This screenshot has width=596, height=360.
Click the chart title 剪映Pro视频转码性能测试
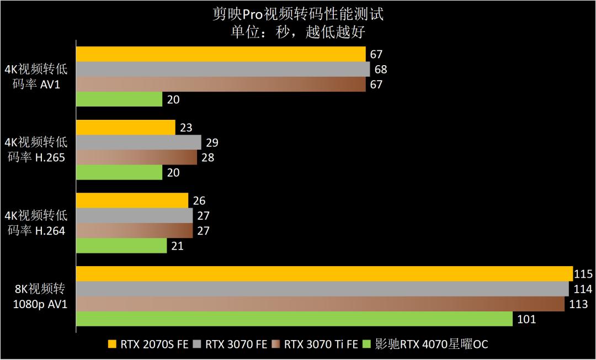click(x=298, y=13)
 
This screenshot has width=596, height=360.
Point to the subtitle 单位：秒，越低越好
click(x=298, y=31)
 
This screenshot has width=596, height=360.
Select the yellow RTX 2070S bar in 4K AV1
click(x=221, y=54)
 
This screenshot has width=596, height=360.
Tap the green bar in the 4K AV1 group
click(x=119, y=99)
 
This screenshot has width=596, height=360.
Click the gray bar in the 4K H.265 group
click(x=139, y=142)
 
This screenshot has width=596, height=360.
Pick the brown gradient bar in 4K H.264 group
click(x=134, y=231)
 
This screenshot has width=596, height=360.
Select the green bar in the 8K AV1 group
click(x=294, y=319)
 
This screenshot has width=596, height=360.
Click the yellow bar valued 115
click(x=324, y=274)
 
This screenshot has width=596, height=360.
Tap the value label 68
click(x=381, y=70)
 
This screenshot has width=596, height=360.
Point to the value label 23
click(x=186, y=128)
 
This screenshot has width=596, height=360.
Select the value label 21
click(x=178, y=246)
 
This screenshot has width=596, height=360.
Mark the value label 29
click(x=212, y=142)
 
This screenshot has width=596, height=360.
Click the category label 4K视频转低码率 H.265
click(x=36, y=150)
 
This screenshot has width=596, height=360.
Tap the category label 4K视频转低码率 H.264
click(x=36, y=223)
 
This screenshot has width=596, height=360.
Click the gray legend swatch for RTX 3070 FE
click(x=198, y=345)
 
